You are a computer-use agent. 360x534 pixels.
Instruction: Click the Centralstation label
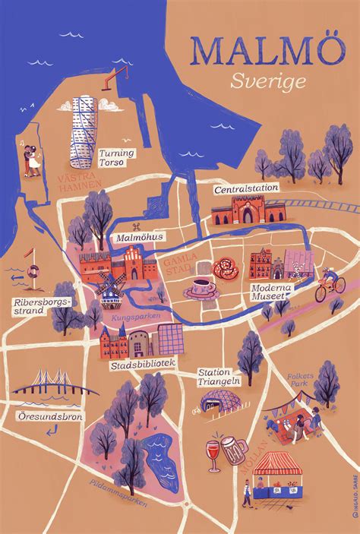[245, 188]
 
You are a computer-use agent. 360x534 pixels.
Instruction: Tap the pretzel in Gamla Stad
[226, 267]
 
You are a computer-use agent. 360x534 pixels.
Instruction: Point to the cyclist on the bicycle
[327, 283]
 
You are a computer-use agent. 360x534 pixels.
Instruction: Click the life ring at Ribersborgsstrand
[33, 271]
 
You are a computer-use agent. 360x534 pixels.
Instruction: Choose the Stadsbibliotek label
[144, 364]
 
